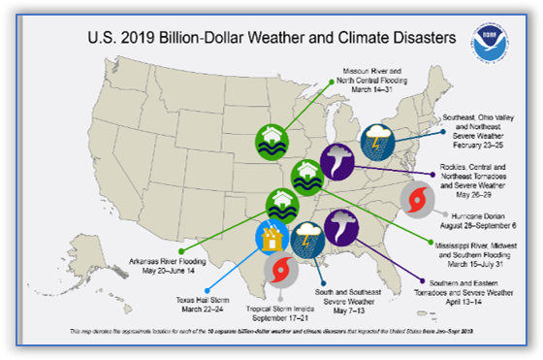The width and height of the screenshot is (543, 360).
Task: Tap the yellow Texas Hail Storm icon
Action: (x=271, y=237)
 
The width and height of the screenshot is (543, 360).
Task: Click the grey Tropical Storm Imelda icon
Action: (x=281, y=268)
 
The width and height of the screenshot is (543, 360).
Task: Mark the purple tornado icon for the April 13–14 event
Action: (x=341, y=226)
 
